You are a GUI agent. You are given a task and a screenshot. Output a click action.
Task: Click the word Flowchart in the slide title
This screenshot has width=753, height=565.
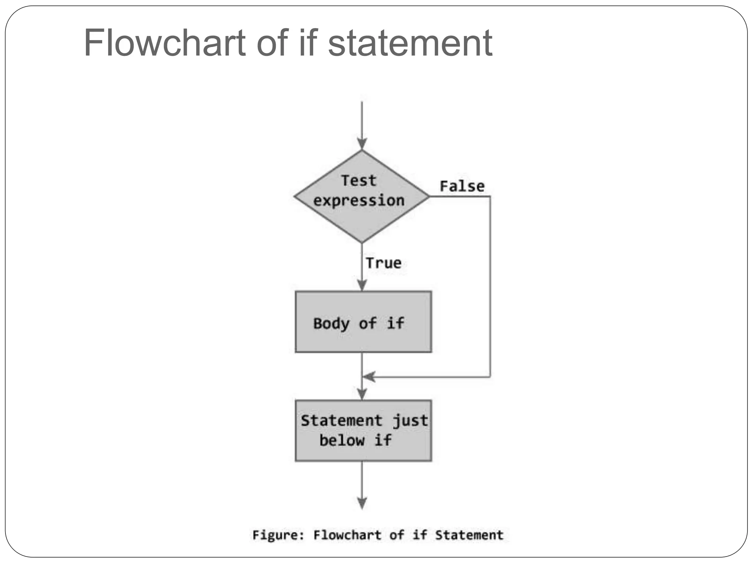click(x=165, y=43)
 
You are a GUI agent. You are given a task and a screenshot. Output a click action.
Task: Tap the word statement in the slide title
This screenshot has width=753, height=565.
click(x=410, y=43)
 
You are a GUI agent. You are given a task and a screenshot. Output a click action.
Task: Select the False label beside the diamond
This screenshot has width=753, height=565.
click(x=462, y=186)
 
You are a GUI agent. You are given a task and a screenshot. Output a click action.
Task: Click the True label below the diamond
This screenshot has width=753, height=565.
click(x=383, y=263)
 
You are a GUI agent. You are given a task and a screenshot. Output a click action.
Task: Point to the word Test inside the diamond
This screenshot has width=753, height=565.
click(x=358, y=181)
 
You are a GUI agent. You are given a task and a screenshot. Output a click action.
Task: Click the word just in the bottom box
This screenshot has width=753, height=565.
click(x=410, y=420)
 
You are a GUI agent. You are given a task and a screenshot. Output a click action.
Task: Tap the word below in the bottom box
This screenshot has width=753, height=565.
click(x=342, y=440)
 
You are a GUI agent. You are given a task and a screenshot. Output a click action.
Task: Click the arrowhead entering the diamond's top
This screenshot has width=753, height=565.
click(x=362, y=143)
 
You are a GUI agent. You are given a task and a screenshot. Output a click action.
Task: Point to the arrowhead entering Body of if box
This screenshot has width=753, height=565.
click(x=362, y=285)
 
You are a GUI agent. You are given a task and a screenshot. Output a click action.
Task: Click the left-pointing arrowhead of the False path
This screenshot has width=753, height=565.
click(x=369, y=377)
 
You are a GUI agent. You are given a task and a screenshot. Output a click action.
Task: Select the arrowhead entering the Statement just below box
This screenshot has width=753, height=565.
click(x=362, y=394)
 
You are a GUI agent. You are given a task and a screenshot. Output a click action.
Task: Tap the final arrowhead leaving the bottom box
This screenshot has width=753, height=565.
click(x=362, y=502)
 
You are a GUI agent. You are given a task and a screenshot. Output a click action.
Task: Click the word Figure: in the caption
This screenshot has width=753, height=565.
click(x=278, y=535)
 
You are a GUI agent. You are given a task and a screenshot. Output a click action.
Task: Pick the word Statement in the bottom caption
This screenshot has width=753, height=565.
click(x=469, y=535)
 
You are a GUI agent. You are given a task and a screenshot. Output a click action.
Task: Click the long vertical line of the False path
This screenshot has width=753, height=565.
click(x=490, y=287)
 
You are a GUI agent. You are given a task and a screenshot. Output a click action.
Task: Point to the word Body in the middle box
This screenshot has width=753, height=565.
click(x=331, y=324)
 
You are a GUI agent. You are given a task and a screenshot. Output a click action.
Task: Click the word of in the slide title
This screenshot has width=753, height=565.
click(x=272, y=43)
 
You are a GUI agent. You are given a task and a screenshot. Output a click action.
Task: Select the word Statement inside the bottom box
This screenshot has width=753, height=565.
click(x=342, y=420)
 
